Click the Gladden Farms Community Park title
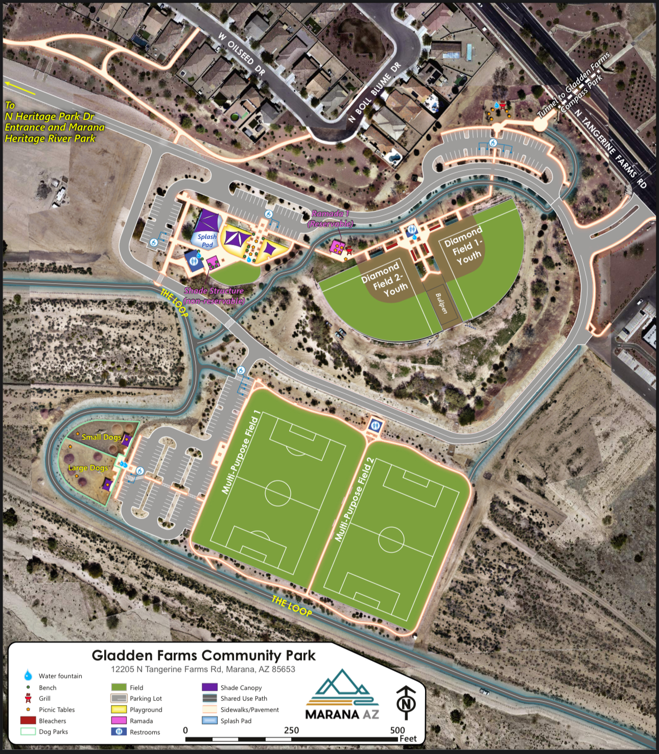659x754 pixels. click(x=203, y=655)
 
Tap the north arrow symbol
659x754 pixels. click(x=406, y=703)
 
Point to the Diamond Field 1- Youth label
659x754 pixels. click(x=463, y=247)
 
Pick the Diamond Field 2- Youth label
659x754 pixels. click(x=384, y=279)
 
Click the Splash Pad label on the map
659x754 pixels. click(x=207, y=241)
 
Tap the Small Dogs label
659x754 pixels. click(x=101, y=437)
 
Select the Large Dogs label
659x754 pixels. click(x=88, y=468)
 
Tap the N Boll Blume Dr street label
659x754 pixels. click(x=374, y=92)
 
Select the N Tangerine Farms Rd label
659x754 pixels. click(x=610, y=149)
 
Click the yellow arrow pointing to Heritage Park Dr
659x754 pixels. click(x=20, y=88)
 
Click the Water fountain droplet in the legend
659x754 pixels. click(x=28, y=676)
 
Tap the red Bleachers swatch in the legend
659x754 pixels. click(x=28, y=721)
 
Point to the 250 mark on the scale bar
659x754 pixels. click(x=292, y=731)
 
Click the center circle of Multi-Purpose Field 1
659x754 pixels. click(x=278, y=493)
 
